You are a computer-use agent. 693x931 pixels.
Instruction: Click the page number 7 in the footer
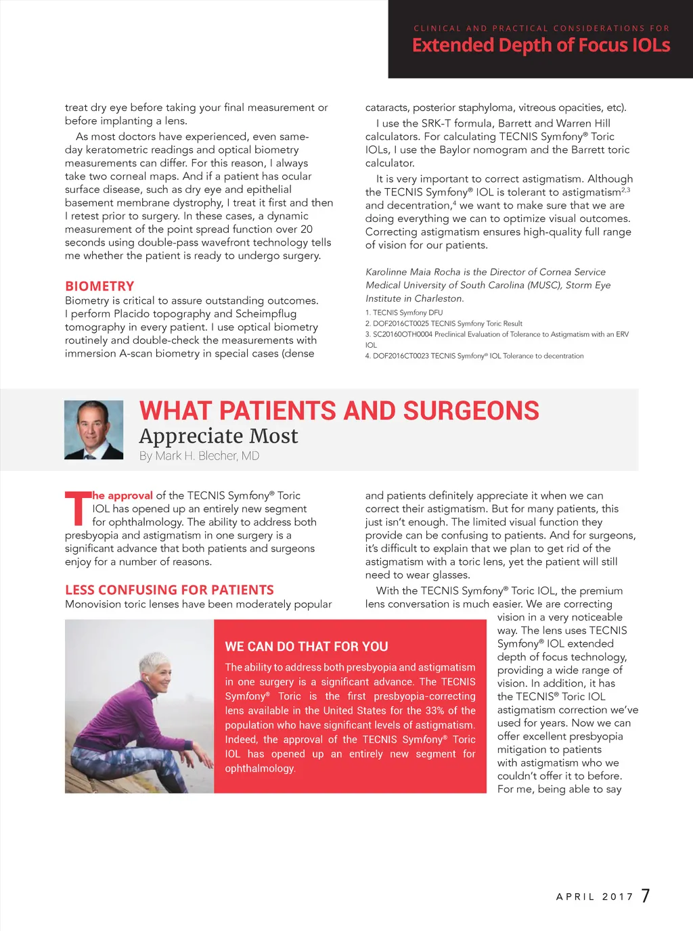tap(646, 896)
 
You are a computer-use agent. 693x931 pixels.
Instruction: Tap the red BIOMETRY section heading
tap(99, 286)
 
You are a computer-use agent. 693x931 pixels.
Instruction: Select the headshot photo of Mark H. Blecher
tap(94, 430)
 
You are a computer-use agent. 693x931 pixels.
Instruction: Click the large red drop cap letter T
tap(76, 509)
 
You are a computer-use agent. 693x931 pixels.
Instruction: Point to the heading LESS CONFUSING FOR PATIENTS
tap(169, 590)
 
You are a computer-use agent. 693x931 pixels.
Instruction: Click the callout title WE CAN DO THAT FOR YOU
tap(307, 646)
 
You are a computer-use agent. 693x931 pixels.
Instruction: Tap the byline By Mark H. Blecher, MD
tap(199, 456)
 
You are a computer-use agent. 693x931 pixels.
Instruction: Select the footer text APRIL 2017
tap(594, 896)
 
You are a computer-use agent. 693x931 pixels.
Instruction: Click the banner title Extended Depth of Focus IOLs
tap(541, 45)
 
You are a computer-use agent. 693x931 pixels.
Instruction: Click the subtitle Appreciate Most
tap(219, 436)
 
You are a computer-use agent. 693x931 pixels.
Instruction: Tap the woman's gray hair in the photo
tap(154, 660)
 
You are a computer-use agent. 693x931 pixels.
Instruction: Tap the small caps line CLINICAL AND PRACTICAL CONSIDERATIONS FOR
tap(541, 28)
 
